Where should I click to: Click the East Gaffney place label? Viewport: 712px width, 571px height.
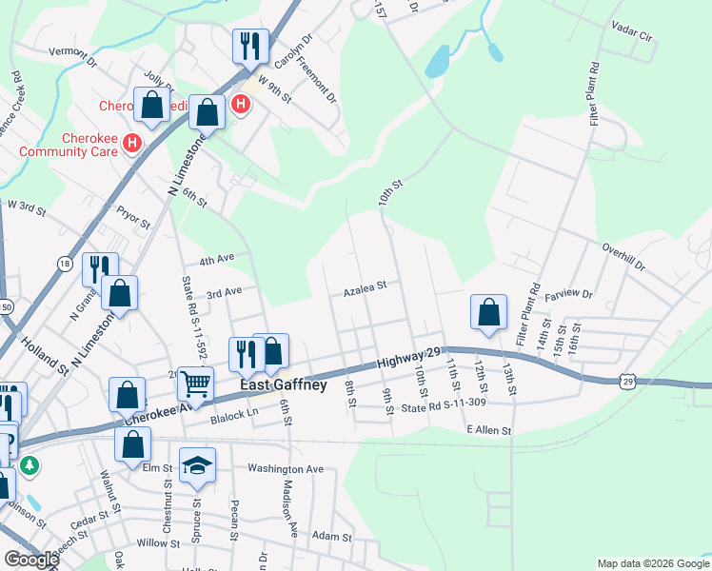point(284,385)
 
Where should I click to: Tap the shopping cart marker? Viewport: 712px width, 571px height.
point(195,384)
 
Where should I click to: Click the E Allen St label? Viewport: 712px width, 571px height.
point(489,431)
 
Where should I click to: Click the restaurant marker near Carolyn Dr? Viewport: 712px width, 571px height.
point(250,44)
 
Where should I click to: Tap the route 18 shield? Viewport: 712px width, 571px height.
point(65,264)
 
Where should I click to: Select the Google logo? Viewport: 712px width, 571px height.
point(30,560)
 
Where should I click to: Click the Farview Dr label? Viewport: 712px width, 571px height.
point(568,296)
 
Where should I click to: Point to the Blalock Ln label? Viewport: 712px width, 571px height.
point(235,415)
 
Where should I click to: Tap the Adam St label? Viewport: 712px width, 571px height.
point(332,537)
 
